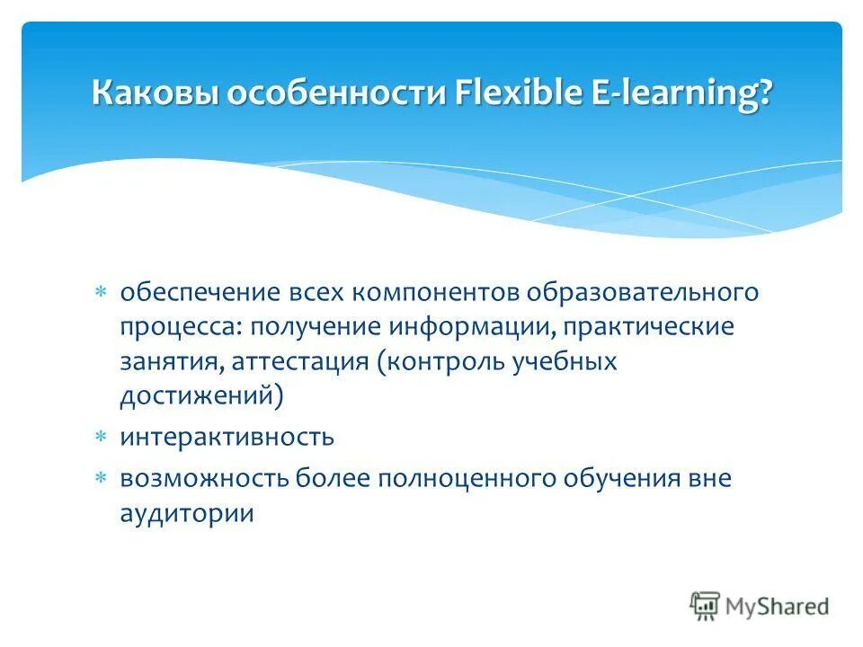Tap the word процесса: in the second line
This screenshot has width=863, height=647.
(x=180, y=327)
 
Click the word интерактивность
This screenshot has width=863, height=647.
(x=227, y=438)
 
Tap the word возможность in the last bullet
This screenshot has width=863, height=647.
(x=199, y=479)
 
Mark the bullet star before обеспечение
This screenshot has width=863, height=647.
(x=102, y=293)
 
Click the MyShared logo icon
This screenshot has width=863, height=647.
(x=705, y=606)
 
